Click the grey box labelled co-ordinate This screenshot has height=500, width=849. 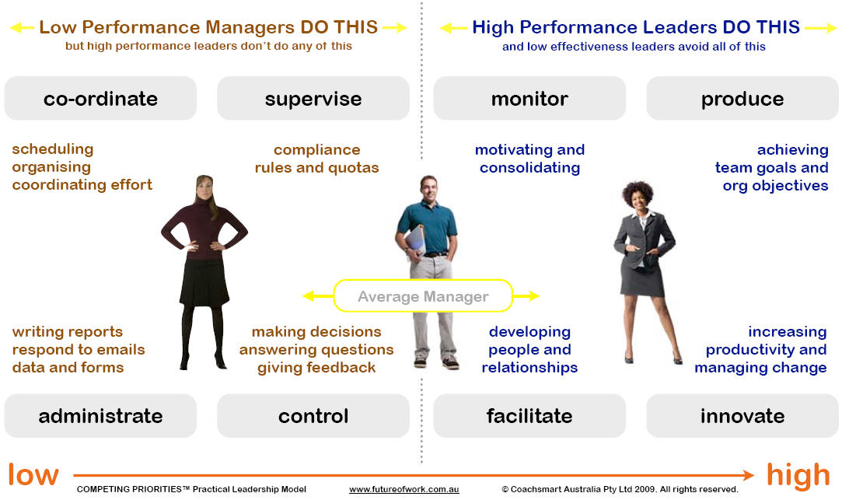[100, 98]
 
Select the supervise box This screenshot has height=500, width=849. [313, 98]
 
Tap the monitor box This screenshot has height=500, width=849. [529, 98]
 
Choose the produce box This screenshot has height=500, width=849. [742, 98]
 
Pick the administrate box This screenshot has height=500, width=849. [100, 415]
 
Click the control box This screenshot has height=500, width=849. [313, 415]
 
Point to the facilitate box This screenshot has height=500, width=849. [529, 415]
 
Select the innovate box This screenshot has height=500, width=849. [742, 415]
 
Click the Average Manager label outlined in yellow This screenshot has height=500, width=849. [423, 295]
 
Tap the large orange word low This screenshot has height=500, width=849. [33, 475]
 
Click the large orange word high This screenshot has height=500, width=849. [798, 476]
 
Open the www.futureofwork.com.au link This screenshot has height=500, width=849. [404, 489]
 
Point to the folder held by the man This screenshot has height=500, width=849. [414, 240]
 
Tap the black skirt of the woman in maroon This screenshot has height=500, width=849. [204, 281]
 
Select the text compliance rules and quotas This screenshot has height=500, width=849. [316, 159]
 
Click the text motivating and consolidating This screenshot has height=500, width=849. [529, 159]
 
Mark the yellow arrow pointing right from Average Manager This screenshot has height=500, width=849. [526, 295]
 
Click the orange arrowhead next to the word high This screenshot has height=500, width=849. [748, 476]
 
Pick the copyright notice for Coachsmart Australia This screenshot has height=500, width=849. [620, 489]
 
